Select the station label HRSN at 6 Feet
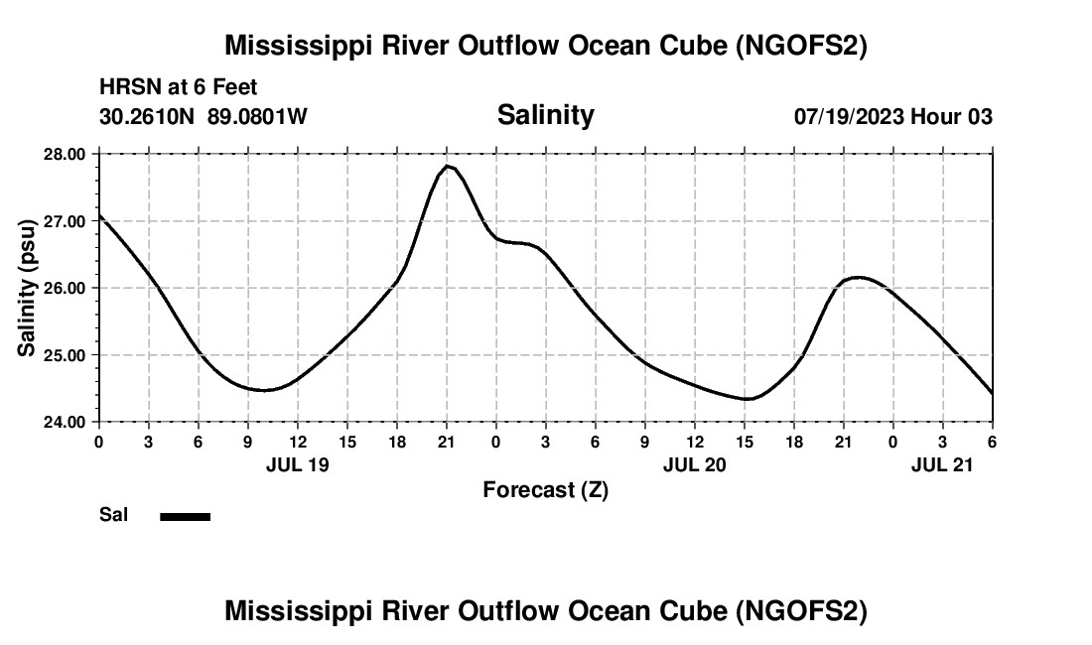(179, 88)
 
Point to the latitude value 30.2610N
(149, 117)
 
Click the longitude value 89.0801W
(257, 117)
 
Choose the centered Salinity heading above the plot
(545, 115)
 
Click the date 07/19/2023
(849, 117)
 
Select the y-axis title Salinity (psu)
(27, 288)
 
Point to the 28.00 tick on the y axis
(65, 155)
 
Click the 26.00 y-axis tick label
(65, 288)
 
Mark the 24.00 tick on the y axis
(65, 422)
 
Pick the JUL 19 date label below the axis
(298, 464)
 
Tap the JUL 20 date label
(695, 464)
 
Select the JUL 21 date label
(943, 464)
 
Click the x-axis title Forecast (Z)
(545, 490)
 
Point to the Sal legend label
(113, 515)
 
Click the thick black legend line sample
(185, 516)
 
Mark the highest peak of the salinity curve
(449, 166)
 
